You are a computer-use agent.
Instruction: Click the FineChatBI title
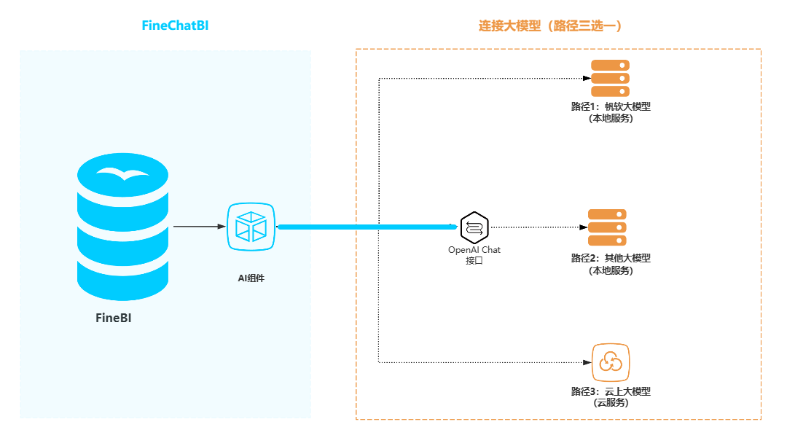(x=175, y=26)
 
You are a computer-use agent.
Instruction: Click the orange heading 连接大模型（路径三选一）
(x=550, y=26)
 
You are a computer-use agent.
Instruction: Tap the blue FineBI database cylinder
(x=122, y=227)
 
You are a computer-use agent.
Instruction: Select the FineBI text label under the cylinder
(x=114, y=318)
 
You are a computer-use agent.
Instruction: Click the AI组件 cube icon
(x=251, y=227)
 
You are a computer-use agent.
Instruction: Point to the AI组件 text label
(x=251, y=278)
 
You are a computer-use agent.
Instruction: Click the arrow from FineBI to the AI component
(x=199, y=227)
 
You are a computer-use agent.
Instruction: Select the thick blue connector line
(x=367, y=227)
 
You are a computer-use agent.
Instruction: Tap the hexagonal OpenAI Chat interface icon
(x=474, y=227)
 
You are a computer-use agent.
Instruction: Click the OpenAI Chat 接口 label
(x=474, y=255)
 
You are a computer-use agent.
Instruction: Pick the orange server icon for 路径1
(x=611, y=78)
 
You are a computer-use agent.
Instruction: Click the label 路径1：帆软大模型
(x=611, y=106)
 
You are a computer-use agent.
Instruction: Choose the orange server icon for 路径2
(x=607, y=227)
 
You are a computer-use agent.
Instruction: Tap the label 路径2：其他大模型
(x=611, y=258)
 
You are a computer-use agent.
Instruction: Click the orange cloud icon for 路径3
(x=611, y=363)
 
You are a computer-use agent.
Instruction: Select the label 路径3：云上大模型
(x=611, y=391)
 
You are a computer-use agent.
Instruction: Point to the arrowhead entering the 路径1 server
(x=587, y=78)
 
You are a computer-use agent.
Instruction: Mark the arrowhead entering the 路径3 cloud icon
(x=587, y=362)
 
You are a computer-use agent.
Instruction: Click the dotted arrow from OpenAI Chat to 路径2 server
(x=539, y=227)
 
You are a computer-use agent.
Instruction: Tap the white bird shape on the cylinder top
(x=123, y=173)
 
